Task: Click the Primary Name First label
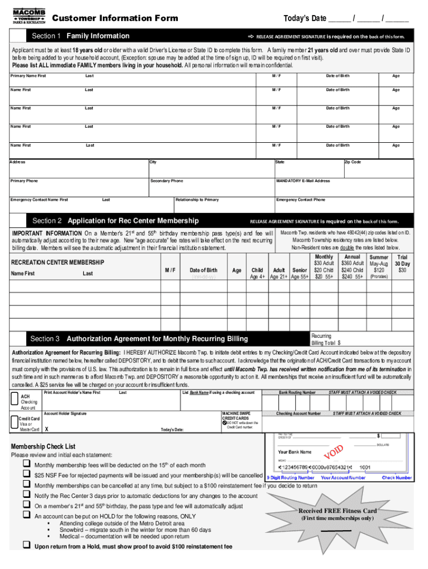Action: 28,75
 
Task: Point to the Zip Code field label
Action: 353,162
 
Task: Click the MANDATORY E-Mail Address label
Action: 303,181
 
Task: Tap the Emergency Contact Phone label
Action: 301,199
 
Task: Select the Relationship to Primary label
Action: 197,199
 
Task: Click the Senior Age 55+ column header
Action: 300,273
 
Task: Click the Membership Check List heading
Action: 43,447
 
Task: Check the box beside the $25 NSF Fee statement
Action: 26,475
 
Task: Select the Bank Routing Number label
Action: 297,393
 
